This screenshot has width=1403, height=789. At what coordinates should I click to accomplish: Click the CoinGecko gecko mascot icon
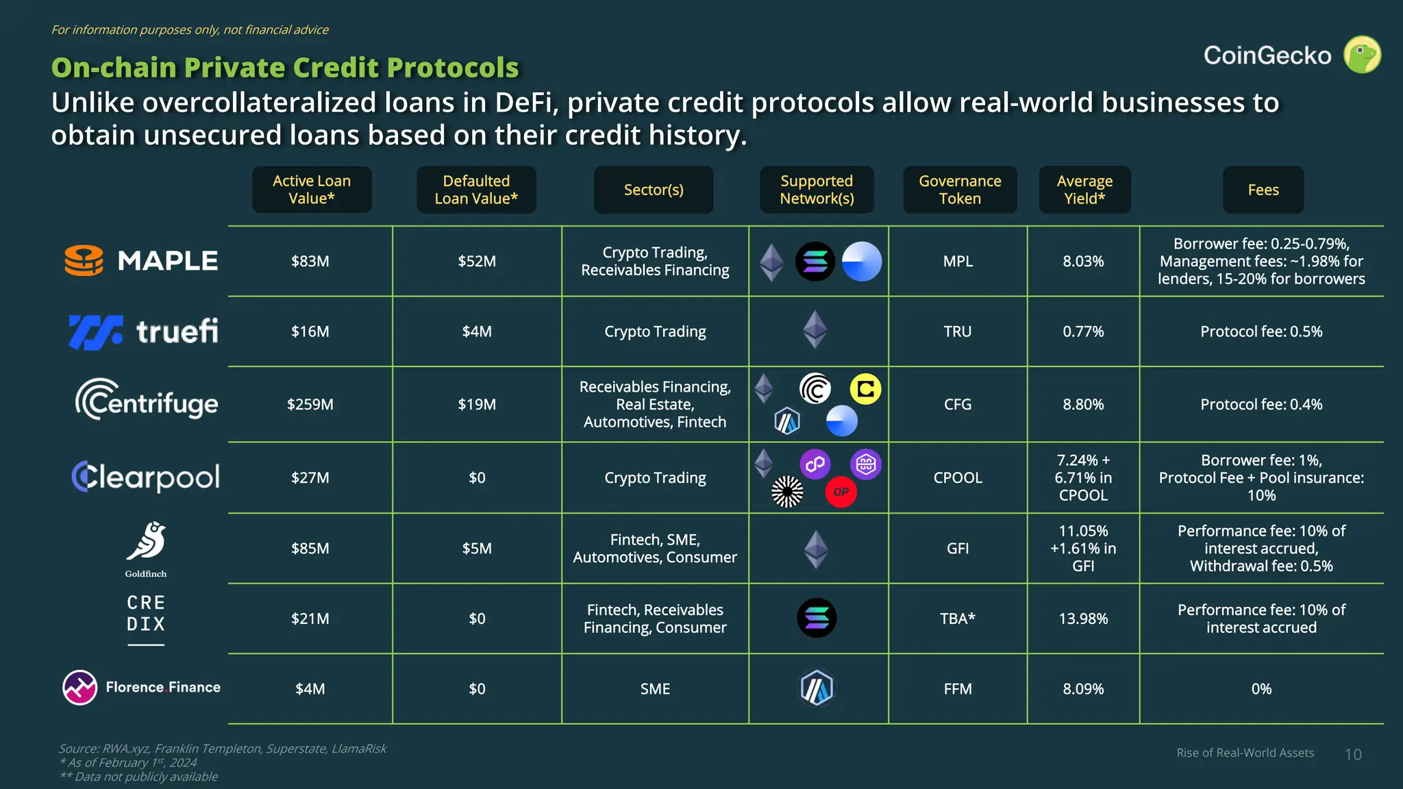coord(1362,55)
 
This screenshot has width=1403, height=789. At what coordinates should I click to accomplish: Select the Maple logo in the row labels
coord(141,261)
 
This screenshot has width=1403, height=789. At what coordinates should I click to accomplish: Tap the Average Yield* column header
coord(1084,190)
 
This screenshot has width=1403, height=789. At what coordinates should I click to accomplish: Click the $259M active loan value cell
coord(310,404)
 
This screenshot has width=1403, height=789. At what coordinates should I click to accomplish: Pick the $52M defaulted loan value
coord(477,261)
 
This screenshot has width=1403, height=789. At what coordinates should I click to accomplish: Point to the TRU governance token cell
coord(957,331)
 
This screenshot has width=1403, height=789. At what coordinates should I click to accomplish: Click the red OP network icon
coord(841,492)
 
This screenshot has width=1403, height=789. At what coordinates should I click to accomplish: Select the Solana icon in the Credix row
coord(817,618)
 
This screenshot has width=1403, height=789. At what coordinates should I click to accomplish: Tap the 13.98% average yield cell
coord(1083,618)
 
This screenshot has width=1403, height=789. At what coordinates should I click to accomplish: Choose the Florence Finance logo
coord(141,687)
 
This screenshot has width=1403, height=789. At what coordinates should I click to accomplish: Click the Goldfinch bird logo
coord(146,542)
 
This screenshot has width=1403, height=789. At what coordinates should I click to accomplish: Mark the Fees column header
coord(1263,190)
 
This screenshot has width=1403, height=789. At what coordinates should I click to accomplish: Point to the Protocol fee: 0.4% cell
coord(1261,404)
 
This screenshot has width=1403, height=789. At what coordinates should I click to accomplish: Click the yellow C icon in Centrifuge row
coord(865,389)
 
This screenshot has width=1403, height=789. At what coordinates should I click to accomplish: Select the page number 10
coord(1353,754)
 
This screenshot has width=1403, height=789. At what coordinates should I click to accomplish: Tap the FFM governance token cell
coord(957,689)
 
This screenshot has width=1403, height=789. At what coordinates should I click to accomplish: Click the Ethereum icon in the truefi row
coord(815,330)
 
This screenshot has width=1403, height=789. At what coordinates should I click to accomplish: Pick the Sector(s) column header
coord(654,190)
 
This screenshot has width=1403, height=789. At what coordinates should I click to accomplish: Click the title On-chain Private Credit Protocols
coord(285,68)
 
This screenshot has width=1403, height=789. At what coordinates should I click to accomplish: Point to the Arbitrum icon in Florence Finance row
coord(817,688)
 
